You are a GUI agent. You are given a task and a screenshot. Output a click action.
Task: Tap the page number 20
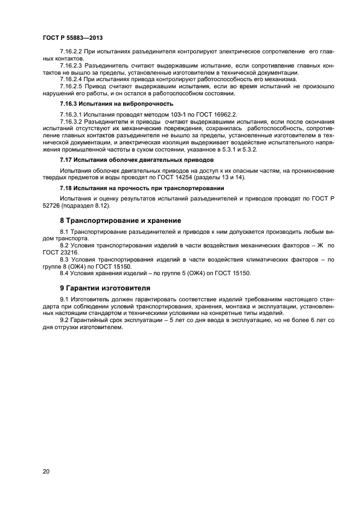click(x=46, y=471)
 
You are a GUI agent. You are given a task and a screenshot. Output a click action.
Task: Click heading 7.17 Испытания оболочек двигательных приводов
click(x=136, y=160)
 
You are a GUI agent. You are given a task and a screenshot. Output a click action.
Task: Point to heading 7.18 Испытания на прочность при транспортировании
click(x=142, y=188)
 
